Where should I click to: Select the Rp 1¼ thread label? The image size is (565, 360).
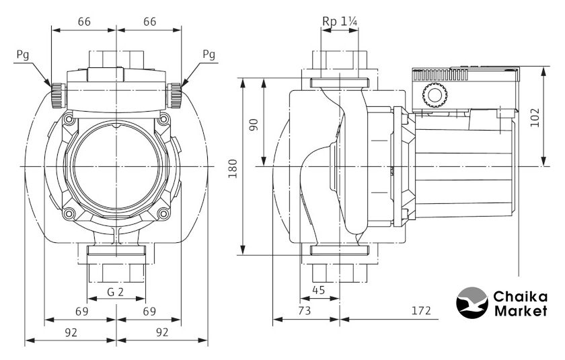pos(340,22)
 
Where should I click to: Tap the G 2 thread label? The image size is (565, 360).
pos(116,293)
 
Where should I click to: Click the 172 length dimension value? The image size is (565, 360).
pos(420,311)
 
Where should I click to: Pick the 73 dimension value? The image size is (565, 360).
pos(305,311)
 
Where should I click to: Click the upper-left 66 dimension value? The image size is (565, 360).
pos(84,22)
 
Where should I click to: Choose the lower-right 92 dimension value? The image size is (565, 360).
pos(162,332)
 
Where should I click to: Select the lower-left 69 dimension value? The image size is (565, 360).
pos(80,312)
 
